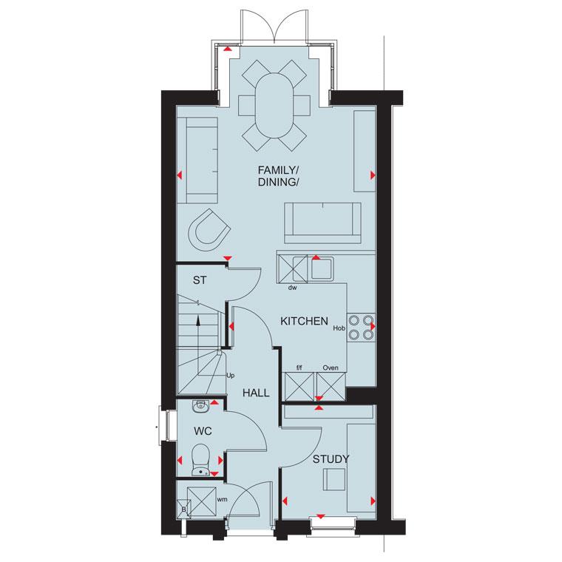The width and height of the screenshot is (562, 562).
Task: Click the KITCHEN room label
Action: click(304, 322)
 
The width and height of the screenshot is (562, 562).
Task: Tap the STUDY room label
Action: click(330, 459)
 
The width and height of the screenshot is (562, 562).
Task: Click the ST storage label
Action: click(199, 280)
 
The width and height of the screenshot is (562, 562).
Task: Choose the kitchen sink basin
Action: click(322, 268)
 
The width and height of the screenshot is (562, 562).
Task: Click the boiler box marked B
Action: click(183, 509)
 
